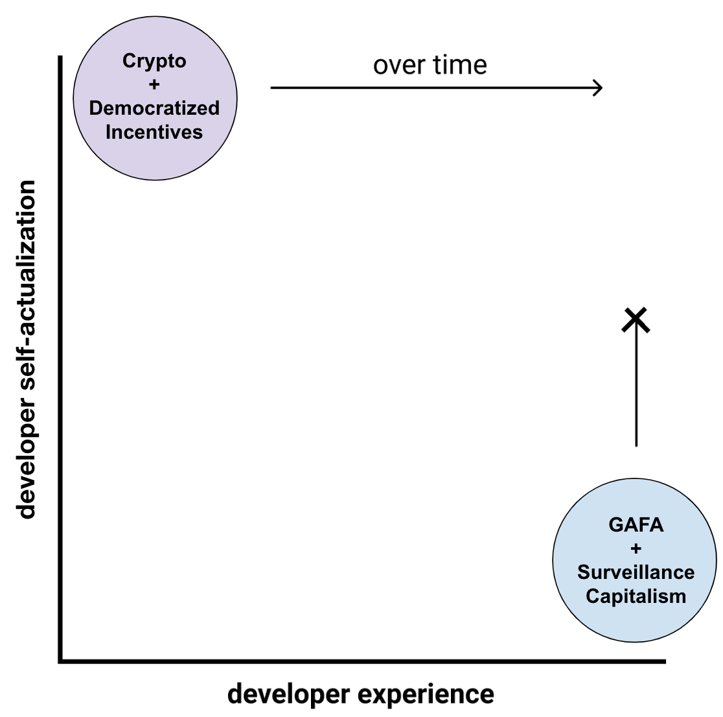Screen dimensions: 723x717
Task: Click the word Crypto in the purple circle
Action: [x=154, y=62]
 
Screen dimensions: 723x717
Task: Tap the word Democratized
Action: [x=154, y=108]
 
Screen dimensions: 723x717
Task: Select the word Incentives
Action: [x=154, y=132]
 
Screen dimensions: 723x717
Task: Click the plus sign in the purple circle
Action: [x=154, y=84]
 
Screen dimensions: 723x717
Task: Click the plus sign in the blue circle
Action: [x=636, y=548]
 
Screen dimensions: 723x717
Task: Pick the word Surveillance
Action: [x=636, y=572]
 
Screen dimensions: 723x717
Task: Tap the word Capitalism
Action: [x=636, y=596]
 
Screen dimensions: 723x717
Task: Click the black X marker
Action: [x=636, y=319]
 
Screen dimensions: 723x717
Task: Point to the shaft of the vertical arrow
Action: [x=636, y=389]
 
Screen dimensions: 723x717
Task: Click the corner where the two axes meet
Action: [x=60, y=661]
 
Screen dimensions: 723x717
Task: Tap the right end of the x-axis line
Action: [x=664, y=661]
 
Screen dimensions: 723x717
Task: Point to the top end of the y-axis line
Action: [x=60, y=58]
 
